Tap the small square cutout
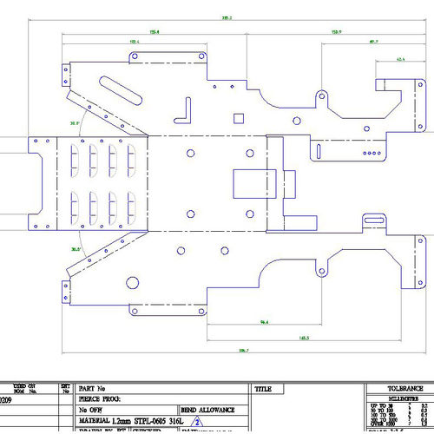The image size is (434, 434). (x=237, y=115)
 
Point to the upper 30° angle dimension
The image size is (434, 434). (x=76, y=123)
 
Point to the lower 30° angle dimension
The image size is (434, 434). (x=76, y=249)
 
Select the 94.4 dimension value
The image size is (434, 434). (x=263, y=322)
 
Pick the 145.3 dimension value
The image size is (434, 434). (x=304, y=337)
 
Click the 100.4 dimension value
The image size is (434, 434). (x=135, y=41)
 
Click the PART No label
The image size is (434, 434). (x=92, y=388)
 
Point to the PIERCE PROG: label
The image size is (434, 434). (x=100, y=398)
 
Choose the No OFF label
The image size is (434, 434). (x=90, y=408)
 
